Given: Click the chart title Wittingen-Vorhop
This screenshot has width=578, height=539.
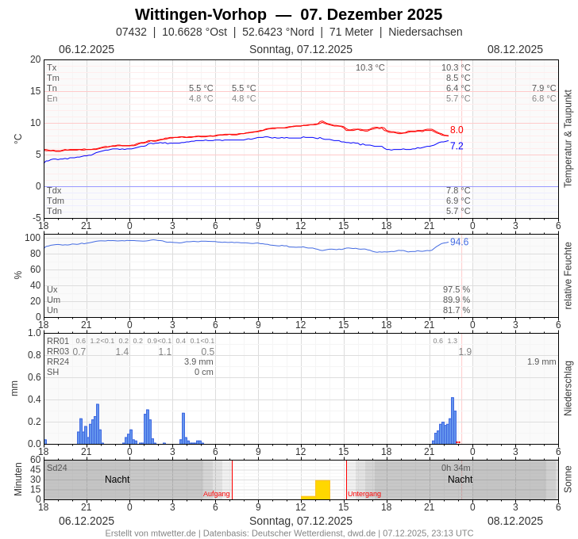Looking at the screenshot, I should pyautogui.click(x=200, y=14).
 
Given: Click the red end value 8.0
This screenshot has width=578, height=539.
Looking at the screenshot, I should pyautogui.click(x=457, y=130).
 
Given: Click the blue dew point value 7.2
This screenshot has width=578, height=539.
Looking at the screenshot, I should pyautogui.click(x=457, y=146).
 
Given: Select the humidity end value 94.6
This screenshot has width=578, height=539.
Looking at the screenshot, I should pyautogui.click(x=459, y=242).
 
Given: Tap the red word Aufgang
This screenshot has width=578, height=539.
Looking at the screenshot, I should pyautogui.click(x=216, y=494).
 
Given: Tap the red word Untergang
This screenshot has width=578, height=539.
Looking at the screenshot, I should pyautogui.click(x=364, y=494).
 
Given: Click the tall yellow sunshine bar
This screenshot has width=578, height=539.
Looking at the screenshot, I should pyautogui.click(x=322, y=489).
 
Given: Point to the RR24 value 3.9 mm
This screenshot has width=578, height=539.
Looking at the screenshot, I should pyautogui.click(x=198, y=361).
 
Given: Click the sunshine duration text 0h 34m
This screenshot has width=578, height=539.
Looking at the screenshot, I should pyautogui.click(x=456, y=468).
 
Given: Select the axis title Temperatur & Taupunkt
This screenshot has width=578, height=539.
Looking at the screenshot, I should pyautogui.click(x=568, y=139).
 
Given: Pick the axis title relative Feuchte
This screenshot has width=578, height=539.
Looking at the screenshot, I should pyautogui.click(x=568, y=276).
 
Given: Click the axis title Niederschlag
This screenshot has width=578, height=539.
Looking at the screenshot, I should pyautogui.click(x=568, y=388).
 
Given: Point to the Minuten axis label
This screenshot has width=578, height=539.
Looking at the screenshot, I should pyautogui.click(x=18, y=480).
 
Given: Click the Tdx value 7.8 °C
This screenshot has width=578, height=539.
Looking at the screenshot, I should pyautogui.click(x=458, y=190).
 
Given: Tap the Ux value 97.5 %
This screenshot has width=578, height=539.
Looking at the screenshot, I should pyautogui.click(x=457, y=289).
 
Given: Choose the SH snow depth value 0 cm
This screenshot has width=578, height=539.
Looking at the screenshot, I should pyautogui.click(x=204, y=372).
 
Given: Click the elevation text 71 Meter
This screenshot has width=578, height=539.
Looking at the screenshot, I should pyautogui.click(x=351, y=32).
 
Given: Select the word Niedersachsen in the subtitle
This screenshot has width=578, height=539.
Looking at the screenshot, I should pyautogui.click(x=426, y=32).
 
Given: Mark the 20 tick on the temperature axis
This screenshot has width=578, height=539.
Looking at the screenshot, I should pyautogui.click(x=35, y=59).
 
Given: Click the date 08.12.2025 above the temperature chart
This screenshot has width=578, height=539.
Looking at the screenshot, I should pyautogui.click(x=515, y=49).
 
